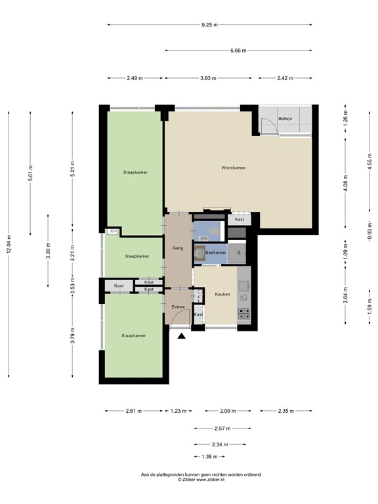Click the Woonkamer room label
point(234,168)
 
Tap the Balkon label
point(285,119)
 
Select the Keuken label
point(222,294)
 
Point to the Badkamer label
point(216,253)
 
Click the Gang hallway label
point(178,248)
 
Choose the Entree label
point(178,307)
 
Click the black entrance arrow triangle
point(182,336)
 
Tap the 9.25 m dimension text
point(209,25)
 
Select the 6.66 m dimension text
point(238,51)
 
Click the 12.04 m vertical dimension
point(9,244)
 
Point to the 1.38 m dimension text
point(209,457)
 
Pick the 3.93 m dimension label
point(208,78)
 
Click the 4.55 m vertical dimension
point(369,161)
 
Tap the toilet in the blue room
point(214,230)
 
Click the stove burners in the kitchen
point(243,314)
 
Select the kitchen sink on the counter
point(243,285)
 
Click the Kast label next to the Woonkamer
point(240,219)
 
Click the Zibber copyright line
point(201,479)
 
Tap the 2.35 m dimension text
point(285,411)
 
